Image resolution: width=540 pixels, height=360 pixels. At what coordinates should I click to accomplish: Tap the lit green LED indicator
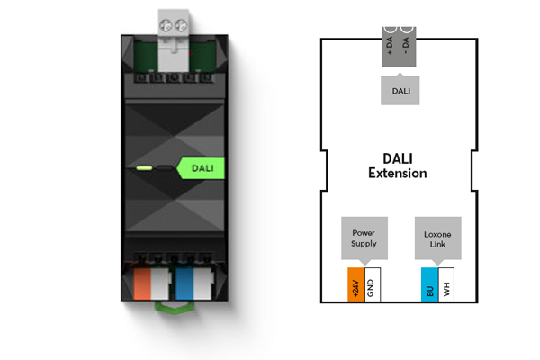[x=143, y=166]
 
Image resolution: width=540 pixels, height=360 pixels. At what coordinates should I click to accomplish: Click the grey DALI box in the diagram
[x=399, y=90]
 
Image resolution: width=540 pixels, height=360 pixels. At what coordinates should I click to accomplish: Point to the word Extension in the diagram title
[x=397, y=173]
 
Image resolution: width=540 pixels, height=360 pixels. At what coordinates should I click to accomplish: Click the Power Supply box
[x=364, y=237]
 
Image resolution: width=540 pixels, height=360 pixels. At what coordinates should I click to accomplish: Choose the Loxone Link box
[x=437, y=237]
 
